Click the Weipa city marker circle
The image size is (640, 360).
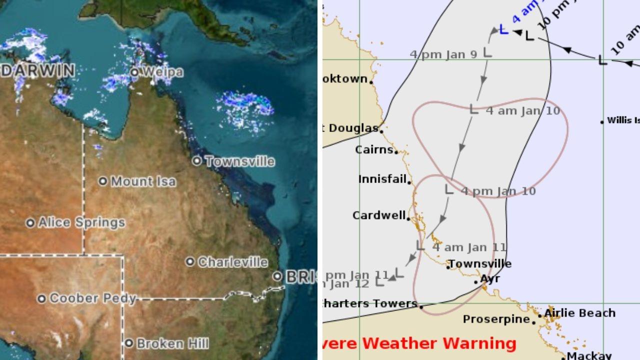click(x=134, y=72)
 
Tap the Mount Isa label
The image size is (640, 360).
click(x=143, y=181)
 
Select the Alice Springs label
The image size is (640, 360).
click(x=81, y=222)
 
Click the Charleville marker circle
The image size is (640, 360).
click(x=190, y=262)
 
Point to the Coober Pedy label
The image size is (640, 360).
click(x=92, y=299)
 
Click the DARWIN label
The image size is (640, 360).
click(x=38, y=71)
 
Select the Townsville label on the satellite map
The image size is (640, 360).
click(x=239, y=161)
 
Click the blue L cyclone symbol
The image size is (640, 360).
click(x=503, y=30)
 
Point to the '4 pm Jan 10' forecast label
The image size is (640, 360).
click(x=498, y=191)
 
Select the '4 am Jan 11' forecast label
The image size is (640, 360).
click(x=469, y=247)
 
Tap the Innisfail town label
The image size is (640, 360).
click(x=382, y=179)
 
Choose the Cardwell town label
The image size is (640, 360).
click(x=379, y=215)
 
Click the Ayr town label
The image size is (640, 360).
click(x=490, y=279)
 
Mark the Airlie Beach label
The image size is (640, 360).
click(x=579, y=313)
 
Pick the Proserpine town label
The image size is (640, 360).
click(x=496, y=319)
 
